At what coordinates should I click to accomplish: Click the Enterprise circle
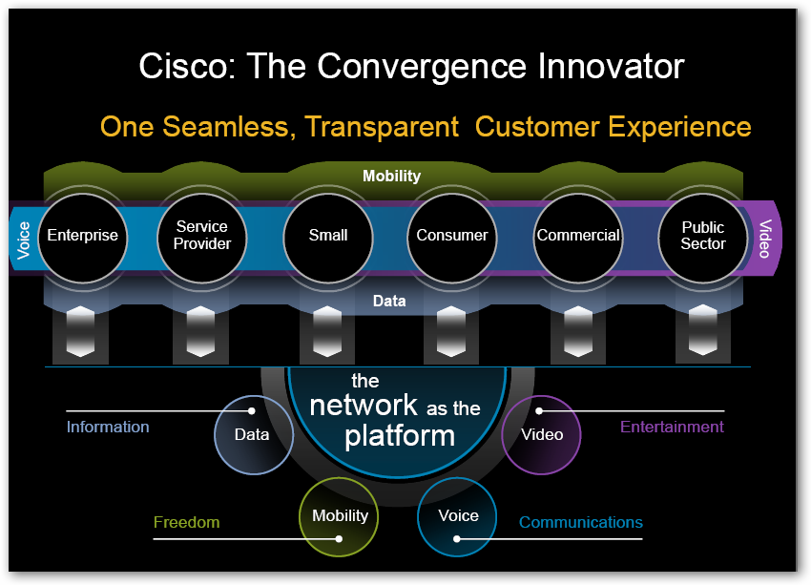coord(83,236)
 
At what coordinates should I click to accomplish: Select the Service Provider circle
coord(202,236)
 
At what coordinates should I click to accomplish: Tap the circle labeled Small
coord(328,236)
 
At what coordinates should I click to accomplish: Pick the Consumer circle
coord(452,236)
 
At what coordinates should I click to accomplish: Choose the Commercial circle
coord(578,236)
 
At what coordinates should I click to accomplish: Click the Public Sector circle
coord(703,236)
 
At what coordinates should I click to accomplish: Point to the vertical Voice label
coord(25,240)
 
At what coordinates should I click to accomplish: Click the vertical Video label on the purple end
coord(764,240)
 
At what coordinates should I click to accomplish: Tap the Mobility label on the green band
coord(391,177)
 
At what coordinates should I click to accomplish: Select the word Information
coord(108,427)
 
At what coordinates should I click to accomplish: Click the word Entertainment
coord(672,427)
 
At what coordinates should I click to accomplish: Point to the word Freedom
coord(186,522)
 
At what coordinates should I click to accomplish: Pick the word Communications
coord(580,522)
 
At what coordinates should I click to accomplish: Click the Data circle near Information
coord(253,435)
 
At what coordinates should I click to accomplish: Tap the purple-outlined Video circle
coord(541,435)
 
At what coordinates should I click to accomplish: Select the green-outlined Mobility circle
coord(340,516)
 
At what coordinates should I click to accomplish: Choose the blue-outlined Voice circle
coord(457,516)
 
